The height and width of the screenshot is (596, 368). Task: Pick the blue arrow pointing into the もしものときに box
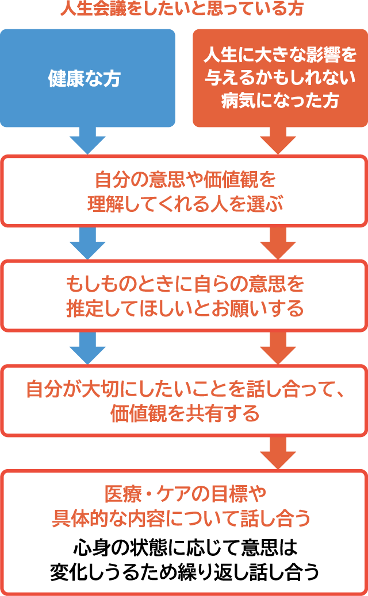pos(87,242)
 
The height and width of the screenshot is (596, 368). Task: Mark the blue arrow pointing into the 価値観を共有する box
pos(87,347)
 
